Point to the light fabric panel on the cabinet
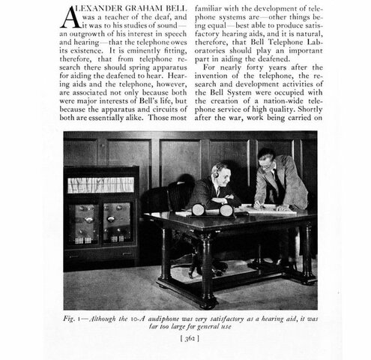[x=100, y=184]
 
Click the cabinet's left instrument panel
[x=85, y=221]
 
